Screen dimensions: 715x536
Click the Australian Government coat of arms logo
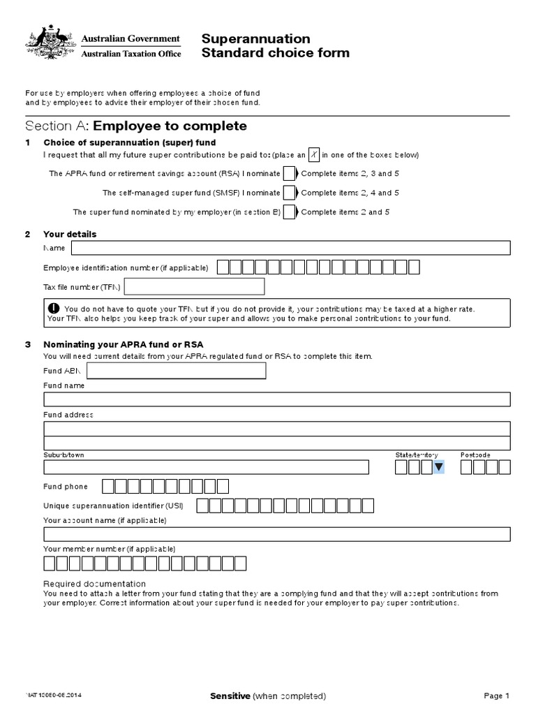50,43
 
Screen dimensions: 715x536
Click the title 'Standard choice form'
275,53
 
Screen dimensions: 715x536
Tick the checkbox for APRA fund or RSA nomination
289,173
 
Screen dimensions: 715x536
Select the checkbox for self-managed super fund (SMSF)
289,193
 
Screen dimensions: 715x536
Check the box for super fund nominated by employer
289,212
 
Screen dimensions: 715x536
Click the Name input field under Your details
290,248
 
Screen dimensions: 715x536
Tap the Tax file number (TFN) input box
194,286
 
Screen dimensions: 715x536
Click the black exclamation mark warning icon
54,309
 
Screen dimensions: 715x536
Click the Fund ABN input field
176,371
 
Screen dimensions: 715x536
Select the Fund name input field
277,399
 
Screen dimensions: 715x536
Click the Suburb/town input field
206,467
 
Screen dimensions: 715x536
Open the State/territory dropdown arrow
438,467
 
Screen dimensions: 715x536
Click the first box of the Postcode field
466,467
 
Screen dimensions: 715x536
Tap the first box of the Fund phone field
108,486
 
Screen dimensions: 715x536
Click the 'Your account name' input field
277,534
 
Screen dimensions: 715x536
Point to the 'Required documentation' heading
94,584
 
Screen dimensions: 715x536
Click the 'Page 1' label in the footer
497,695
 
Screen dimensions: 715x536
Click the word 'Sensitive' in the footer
230,695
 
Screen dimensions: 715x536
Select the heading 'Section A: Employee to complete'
136,126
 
